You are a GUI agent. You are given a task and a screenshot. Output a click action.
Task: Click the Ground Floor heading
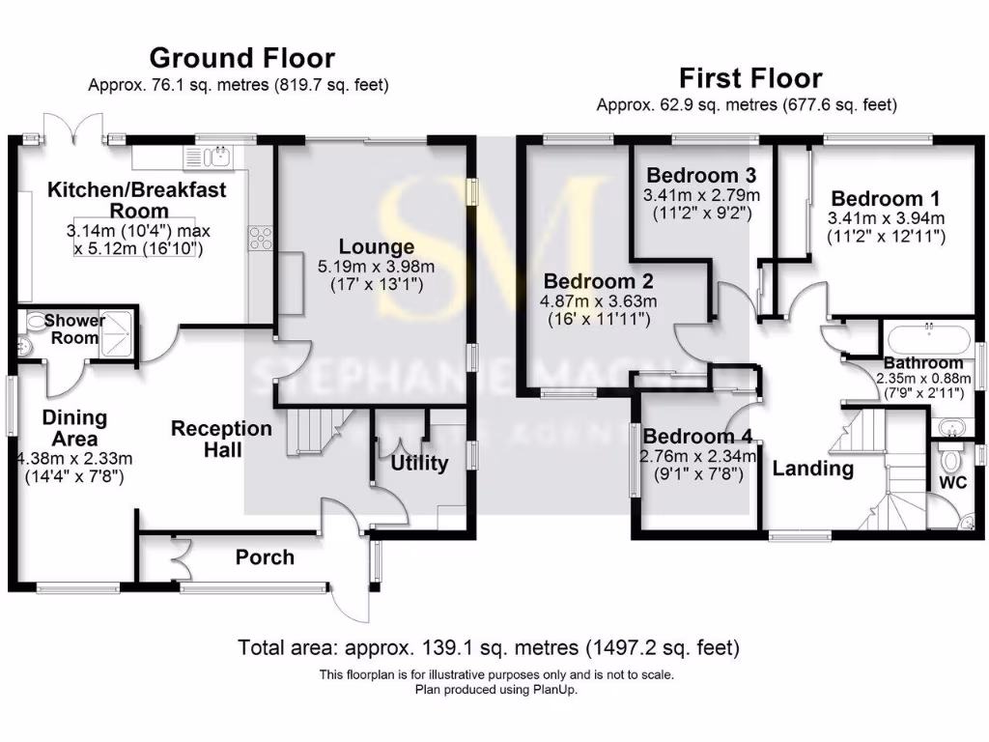pos(241,59)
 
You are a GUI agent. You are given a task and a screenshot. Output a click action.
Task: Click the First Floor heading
pos(749,77)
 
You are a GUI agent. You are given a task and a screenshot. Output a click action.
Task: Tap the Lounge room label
pos(376,246)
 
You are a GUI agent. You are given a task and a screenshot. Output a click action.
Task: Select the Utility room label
pos(419,463)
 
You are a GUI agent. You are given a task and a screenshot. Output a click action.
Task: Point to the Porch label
pos(265,557)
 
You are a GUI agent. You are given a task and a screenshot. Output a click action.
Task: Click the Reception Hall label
pos(221,439)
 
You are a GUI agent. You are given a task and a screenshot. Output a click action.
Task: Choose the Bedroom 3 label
pos(700,175)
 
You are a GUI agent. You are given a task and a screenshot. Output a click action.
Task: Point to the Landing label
pos(812,470)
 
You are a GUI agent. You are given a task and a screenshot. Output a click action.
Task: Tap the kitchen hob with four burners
pos(260,238)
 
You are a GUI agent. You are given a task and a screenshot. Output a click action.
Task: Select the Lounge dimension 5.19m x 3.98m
pos(376,267)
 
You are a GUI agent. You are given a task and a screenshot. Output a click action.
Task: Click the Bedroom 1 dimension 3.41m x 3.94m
pos(886,218)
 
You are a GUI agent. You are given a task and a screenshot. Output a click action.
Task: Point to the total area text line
pos(489,646)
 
